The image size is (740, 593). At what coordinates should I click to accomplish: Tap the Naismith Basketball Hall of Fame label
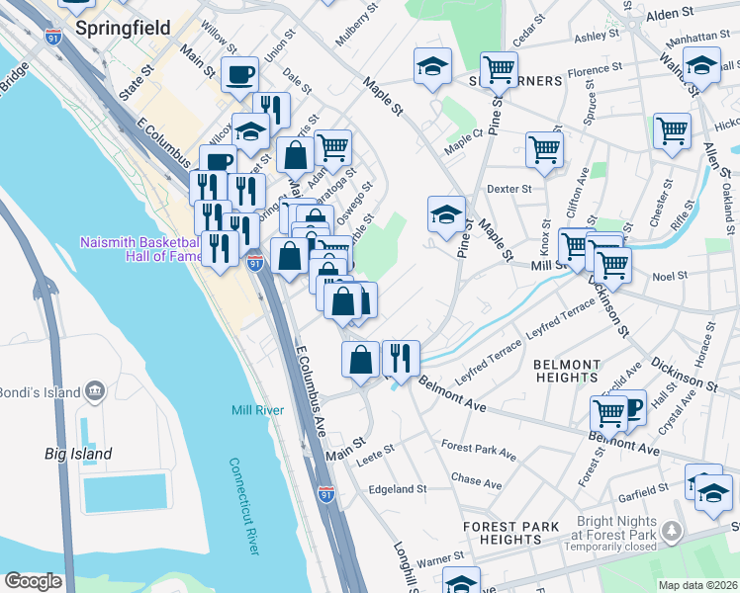tap(139, 248)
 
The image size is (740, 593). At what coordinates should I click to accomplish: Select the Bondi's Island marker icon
tap(95, 391)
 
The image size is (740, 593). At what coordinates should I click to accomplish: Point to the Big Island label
tap(78, 454)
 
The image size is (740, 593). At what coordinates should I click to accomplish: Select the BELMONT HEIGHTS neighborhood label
tap(580, 371)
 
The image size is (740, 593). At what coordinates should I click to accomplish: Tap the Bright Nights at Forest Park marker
tap(673, 533)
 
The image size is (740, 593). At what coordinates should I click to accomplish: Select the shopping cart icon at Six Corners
tap(499, 68)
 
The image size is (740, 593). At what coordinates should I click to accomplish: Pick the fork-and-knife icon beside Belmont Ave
tap(401, 358)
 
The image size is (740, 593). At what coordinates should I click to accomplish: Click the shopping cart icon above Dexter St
tap(544, 149)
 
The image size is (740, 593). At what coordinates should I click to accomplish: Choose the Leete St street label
tap(376, 449)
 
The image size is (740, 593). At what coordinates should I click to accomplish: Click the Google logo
tap(32, 581)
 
